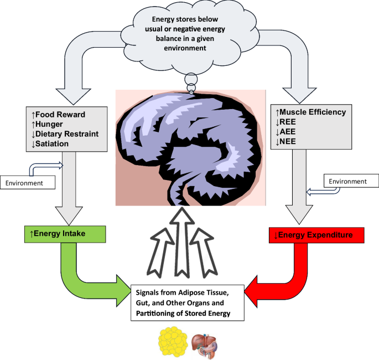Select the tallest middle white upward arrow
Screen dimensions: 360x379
coord(189,238)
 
